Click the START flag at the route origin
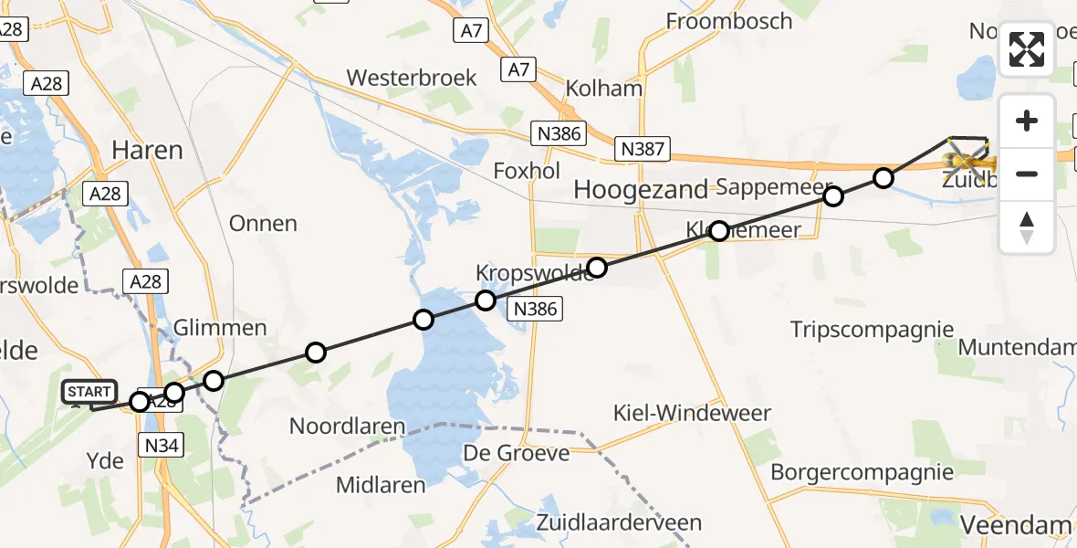[89, 393]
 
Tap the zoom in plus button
[1027, 121]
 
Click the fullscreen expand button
[1027, 49]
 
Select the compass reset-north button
[1027, 227]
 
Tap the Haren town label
[147, 150]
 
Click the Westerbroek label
[412, 78]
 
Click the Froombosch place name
[728, 21]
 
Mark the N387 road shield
[643, 149]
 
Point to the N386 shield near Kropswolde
[535, 309]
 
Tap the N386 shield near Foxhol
[559, 134]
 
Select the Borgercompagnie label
[862, 472]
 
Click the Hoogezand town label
[641, 190]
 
